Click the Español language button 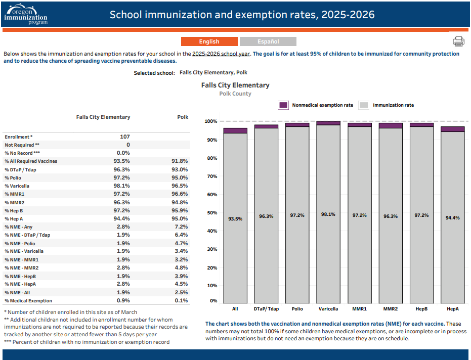click(x=268, y=41)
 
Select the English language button click(x=209, y=41)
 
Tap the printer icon click(x=458, y=41)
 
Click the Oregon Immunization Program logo click(x=25, y=14)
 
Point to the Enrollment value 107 click(x=124, y=137)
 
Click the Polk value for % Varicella click(x=179, y=186)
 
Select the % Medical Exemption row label click(x=28, y=300)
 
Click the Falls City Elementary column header click(x=103, y=117)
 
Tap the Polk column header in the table click(x=183, y=117)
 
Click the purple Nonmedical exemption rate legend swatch click(x=283, y=105)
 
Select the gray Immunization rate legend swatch click(x=364, y=105)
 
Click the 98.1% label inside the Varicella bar click(x=328, y=214)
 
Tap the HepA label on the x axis click(x=452, y=308)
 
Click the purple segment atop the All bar click(x=235, y=130)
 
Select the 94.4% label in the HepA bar click(x=452, y=218)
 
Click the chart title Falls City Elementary click(x=235, y=85)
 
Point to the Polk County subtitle click(x=235, y=94)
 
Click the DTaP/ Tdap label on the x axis click(x=266, y=308)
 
